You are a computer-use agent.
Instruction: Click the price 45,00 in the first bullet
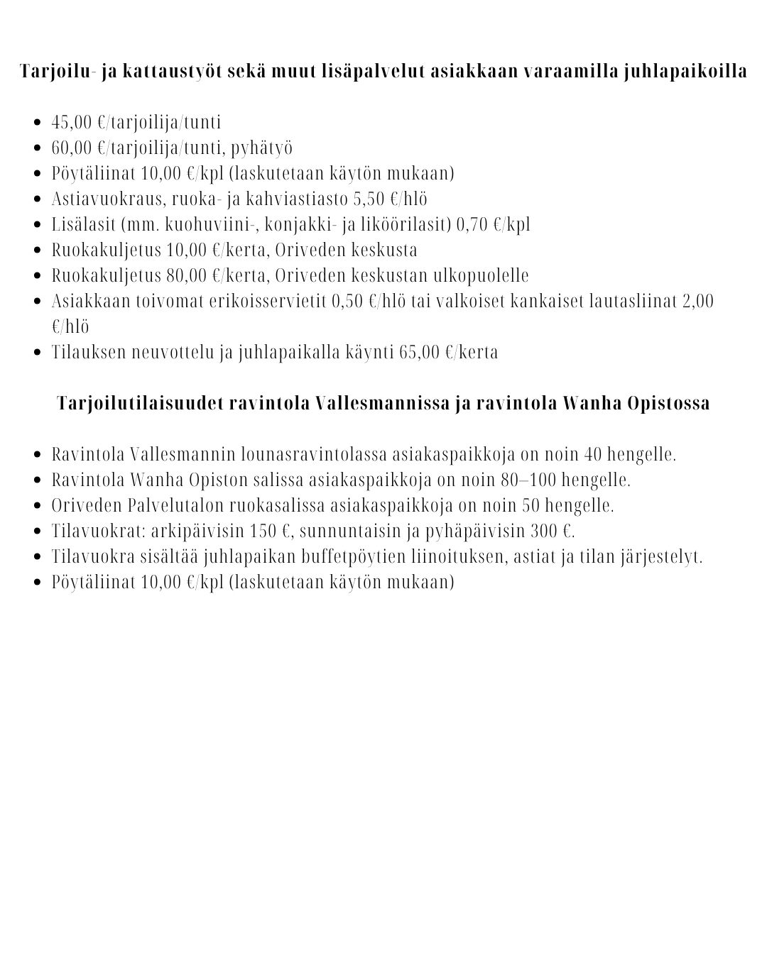pyautogui.click(x=72, y=122)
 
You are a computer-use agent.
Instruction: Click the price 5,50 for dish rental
pyautogui.click(x=369, y=199)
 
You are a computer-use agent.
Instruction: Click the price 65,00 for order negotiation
pyautogui.click(x=420, y=352)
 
